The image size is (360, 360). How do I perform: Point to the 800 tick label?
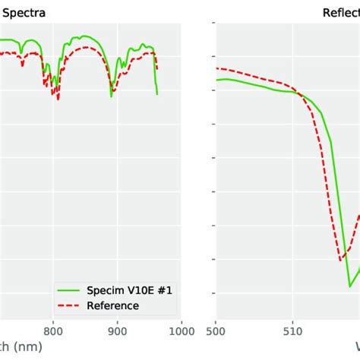52,331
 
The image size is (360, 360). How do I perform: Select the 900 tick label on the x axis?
117,331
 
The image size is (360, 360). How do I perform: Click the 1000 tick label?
180,331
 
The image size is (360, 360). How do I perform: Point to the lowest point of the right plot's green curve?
350,286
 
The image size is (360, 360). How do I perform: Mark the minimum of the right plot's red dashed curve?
340,261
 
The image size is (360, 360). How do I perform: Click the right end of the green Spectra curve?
157,94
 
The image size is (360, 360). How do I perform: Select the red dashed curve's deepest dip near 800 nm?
58,99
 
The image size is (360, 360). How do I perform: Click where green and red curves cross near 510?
299,94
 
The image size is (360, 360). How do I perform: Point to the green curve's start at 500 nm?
216,80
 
